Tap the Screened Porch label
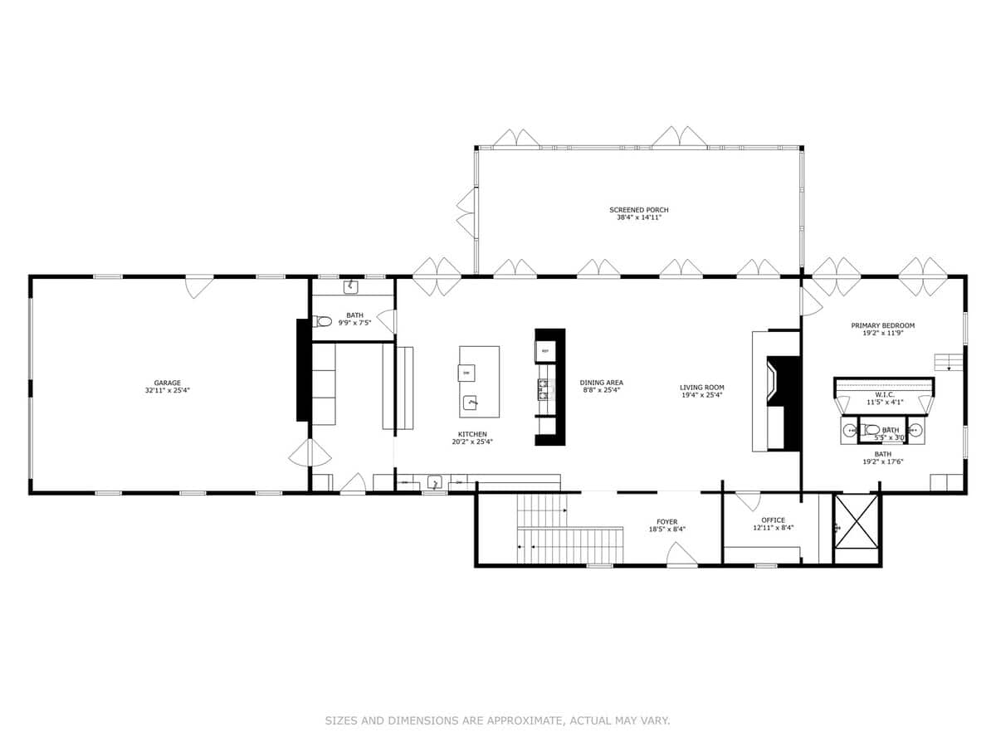(x=638, y=210)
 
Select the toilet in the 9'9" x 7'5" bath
(x=323, y=321)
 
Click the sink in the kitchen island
(x=471, y=403)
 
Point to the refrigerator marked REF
(x=545, y=351)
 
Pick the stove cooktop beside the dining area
(x=544, y=388)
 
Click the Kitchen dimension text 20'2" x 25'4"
(x=471, y=442)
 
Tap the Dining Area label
(x=601, y=383)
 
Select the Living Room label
(x=701, y=387)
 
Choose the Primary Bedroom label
(x=882, y=325)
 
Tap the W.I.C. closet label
(x=883, y=395)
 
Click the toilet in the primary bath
(x=871, y=430)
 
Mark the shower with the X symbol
(x=856, y=520)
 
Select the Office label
(x=773, y=520)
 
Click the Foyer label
(x=666, y=522)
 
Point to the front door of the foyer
(x=682, y=557)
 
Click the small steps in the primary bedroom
(x=948, y=362)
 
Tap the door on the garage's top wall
(x=199, y=286)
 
